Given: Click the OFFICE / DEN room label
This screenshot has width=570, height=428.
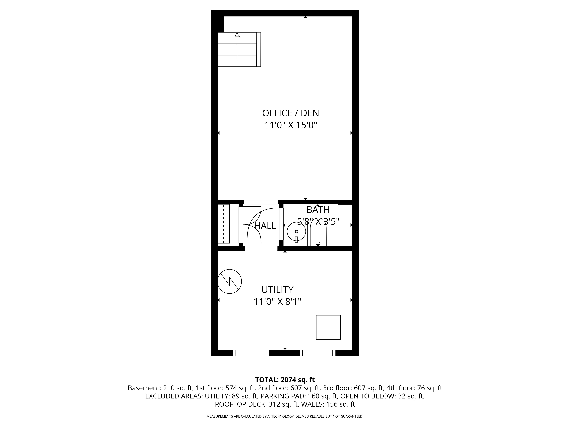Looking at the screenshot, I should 290,113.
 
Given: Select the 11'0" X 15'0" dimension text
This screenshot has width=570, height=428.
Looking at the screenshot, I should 290,125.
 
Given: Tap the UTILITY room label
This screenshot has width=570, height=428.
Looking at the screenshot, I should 277,290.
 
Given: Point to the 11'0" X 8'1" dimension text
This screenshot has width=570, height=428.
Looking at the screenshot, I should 277,302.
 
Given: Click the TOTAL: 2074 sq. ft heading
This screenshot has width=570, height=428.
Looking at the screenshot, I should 285,380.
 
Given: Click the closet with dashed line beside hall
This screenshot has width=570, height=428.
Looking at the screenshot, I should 224,224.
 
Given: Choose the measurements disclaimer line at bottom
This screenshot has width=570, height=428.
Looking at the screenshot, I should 285,416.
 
